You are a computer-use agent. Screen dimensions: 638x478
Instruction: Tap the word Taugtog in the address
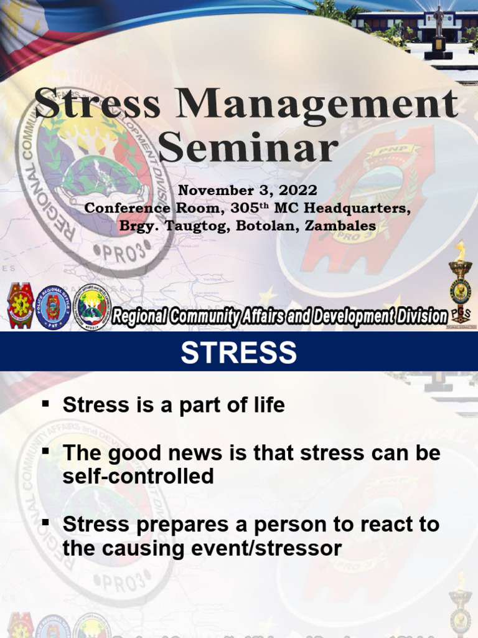197,226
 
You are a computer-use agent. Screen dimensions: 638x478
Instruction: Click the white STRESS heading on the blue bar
239,353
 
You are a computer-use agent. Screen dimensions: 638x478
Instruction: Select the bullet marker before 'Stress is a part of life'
45,403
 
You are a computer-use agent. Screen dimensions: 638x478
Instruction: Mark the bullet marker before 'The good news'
45,451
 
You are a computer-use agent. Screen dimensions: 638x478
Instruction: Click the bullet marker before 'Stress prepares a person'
45,523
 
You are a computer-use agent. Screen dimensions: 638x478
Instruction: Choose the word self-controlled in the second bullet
138,477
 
